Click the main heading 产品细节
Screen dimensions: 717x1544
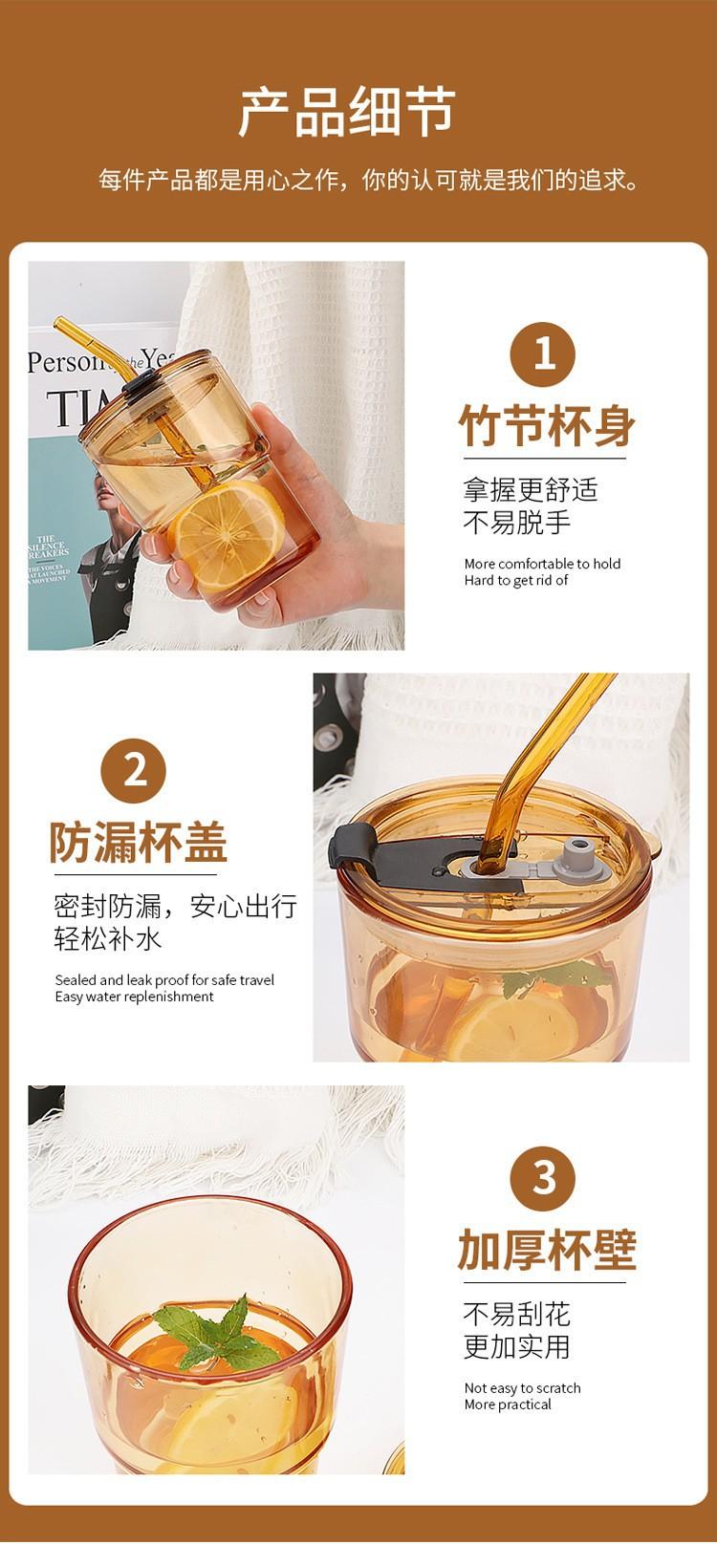tap(347, 111)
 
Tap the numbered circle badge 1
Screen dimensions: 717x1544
tap(543, 354)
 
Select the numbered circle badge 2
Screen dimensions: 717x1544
tap(134, 771)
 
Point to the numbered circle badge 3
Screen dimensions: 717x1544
tap(543, 1179)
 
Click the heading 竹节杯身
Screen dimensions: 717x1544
tap(547, 425)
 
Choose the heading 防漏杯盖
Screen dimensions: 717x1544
tap(139, 843)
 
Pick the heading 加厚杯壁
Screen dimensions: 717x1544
tap(547, 1250)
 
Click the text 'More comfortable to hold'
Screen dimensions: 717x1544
tap(543, 564)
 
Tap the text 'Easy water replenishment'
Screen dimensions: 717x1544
tap(135, 997)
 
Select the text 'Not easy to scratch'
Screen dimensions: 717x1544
tap(523, 1388)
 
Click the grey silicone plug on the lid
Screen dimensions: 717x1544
tap(577, 854)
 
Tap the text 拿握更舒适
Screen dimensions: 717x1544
tap(531, 490)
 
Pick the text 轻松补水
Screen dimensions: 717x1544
tap(107, 938)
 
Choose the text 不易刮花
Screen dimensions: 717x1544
tap(517, 1315)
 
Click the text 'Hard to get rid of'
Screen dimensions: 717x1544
tap(515, 580)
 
